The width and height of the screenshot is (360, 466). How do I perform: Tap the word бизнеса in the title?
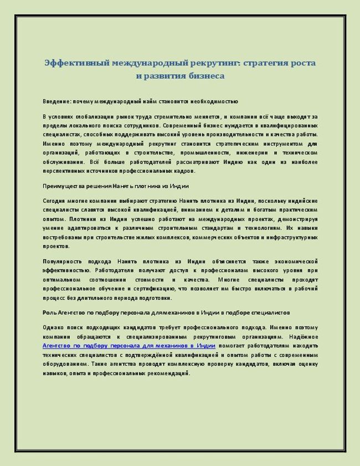(x=207, y=76)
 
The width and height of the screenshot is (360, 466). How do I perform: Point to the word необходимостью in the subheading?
(x=212, y=102)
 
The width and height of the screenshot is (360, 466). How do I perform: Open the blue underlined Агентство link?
(x=121, y=346)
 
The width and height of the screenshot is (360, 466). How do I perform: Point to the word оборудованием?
(x=65, y=364)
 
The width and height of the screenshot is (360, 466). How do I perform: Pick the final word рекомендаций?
(x=167, y=373)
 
